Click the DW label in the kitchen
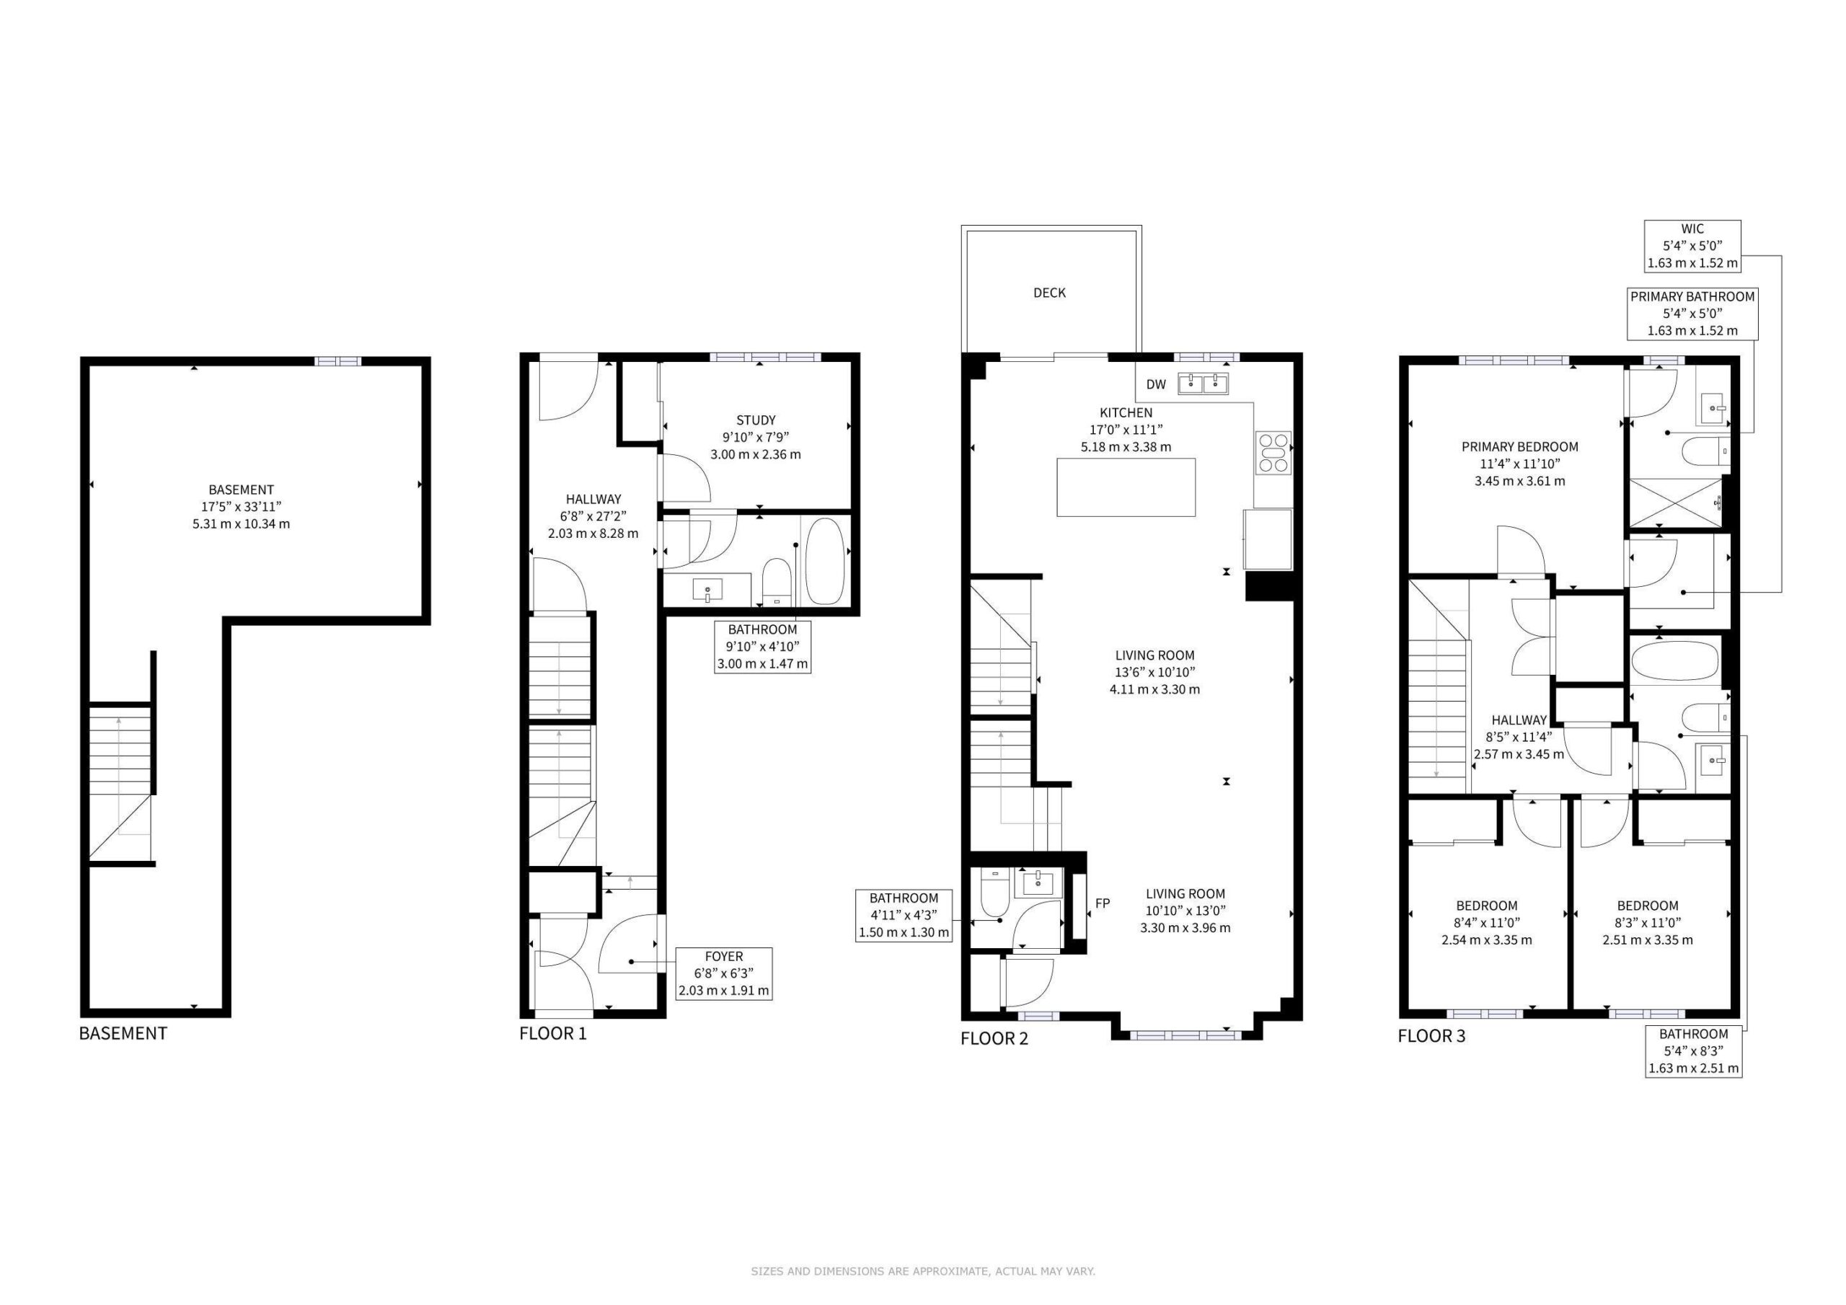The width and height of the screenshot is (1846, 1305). tap(1155, 384)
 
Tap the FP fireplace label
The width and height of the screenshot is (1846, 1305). tap(1103, 903)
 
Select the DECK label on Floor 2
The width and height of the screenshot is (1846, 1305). tap(1049, 293)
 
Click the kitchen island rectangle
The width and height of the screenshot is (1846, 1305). tap(1126, 487)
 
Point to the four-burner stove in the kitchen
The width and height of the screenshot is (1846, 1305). tap(1273, 452)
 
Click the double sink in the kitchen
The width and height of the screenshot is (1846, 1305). tap(1204, 384)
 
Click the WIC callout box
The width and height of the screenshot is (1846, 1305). tap(1692, 245)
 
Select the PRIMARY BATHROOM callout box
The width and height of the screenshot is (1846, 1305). tap(1692, 314)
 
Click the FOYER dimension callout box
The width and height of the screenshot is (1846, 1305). tap(723, 974)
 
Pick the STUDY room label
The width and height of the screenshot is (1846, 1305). tap(756, 420)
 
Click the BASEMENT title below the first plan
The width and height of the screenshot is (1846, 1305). tap(123, 1033)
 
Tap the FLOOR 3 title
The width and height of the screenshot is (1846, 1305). tap(1431, 1035)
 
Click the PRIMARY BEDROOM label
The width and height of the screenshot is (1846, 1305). tap(1519, 447)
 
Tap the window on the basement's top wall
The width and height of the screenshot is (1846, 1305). tap(337, 362)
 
